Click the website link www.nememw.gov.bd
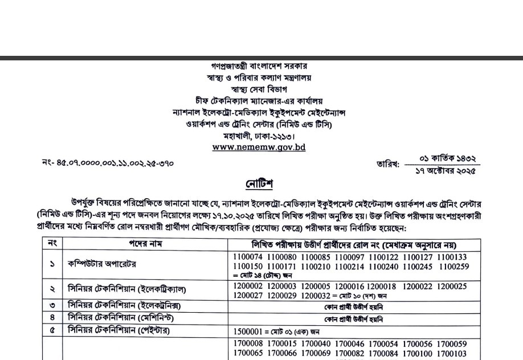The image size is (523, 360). [259, 147]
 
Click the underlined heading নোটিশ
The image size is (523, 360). [260, 184]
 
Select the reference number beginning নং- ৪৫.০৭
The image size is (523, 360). [108, 163]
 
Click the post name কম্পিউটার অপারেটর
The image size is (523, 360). [102, 264]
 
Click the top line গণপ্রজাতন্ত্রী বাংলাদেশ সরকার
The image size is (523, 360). [259, 66]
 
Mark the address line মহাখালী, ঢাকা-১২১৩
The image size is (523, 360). [259, 136]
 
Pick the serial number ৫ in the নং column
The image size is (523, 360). [52, 330]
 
